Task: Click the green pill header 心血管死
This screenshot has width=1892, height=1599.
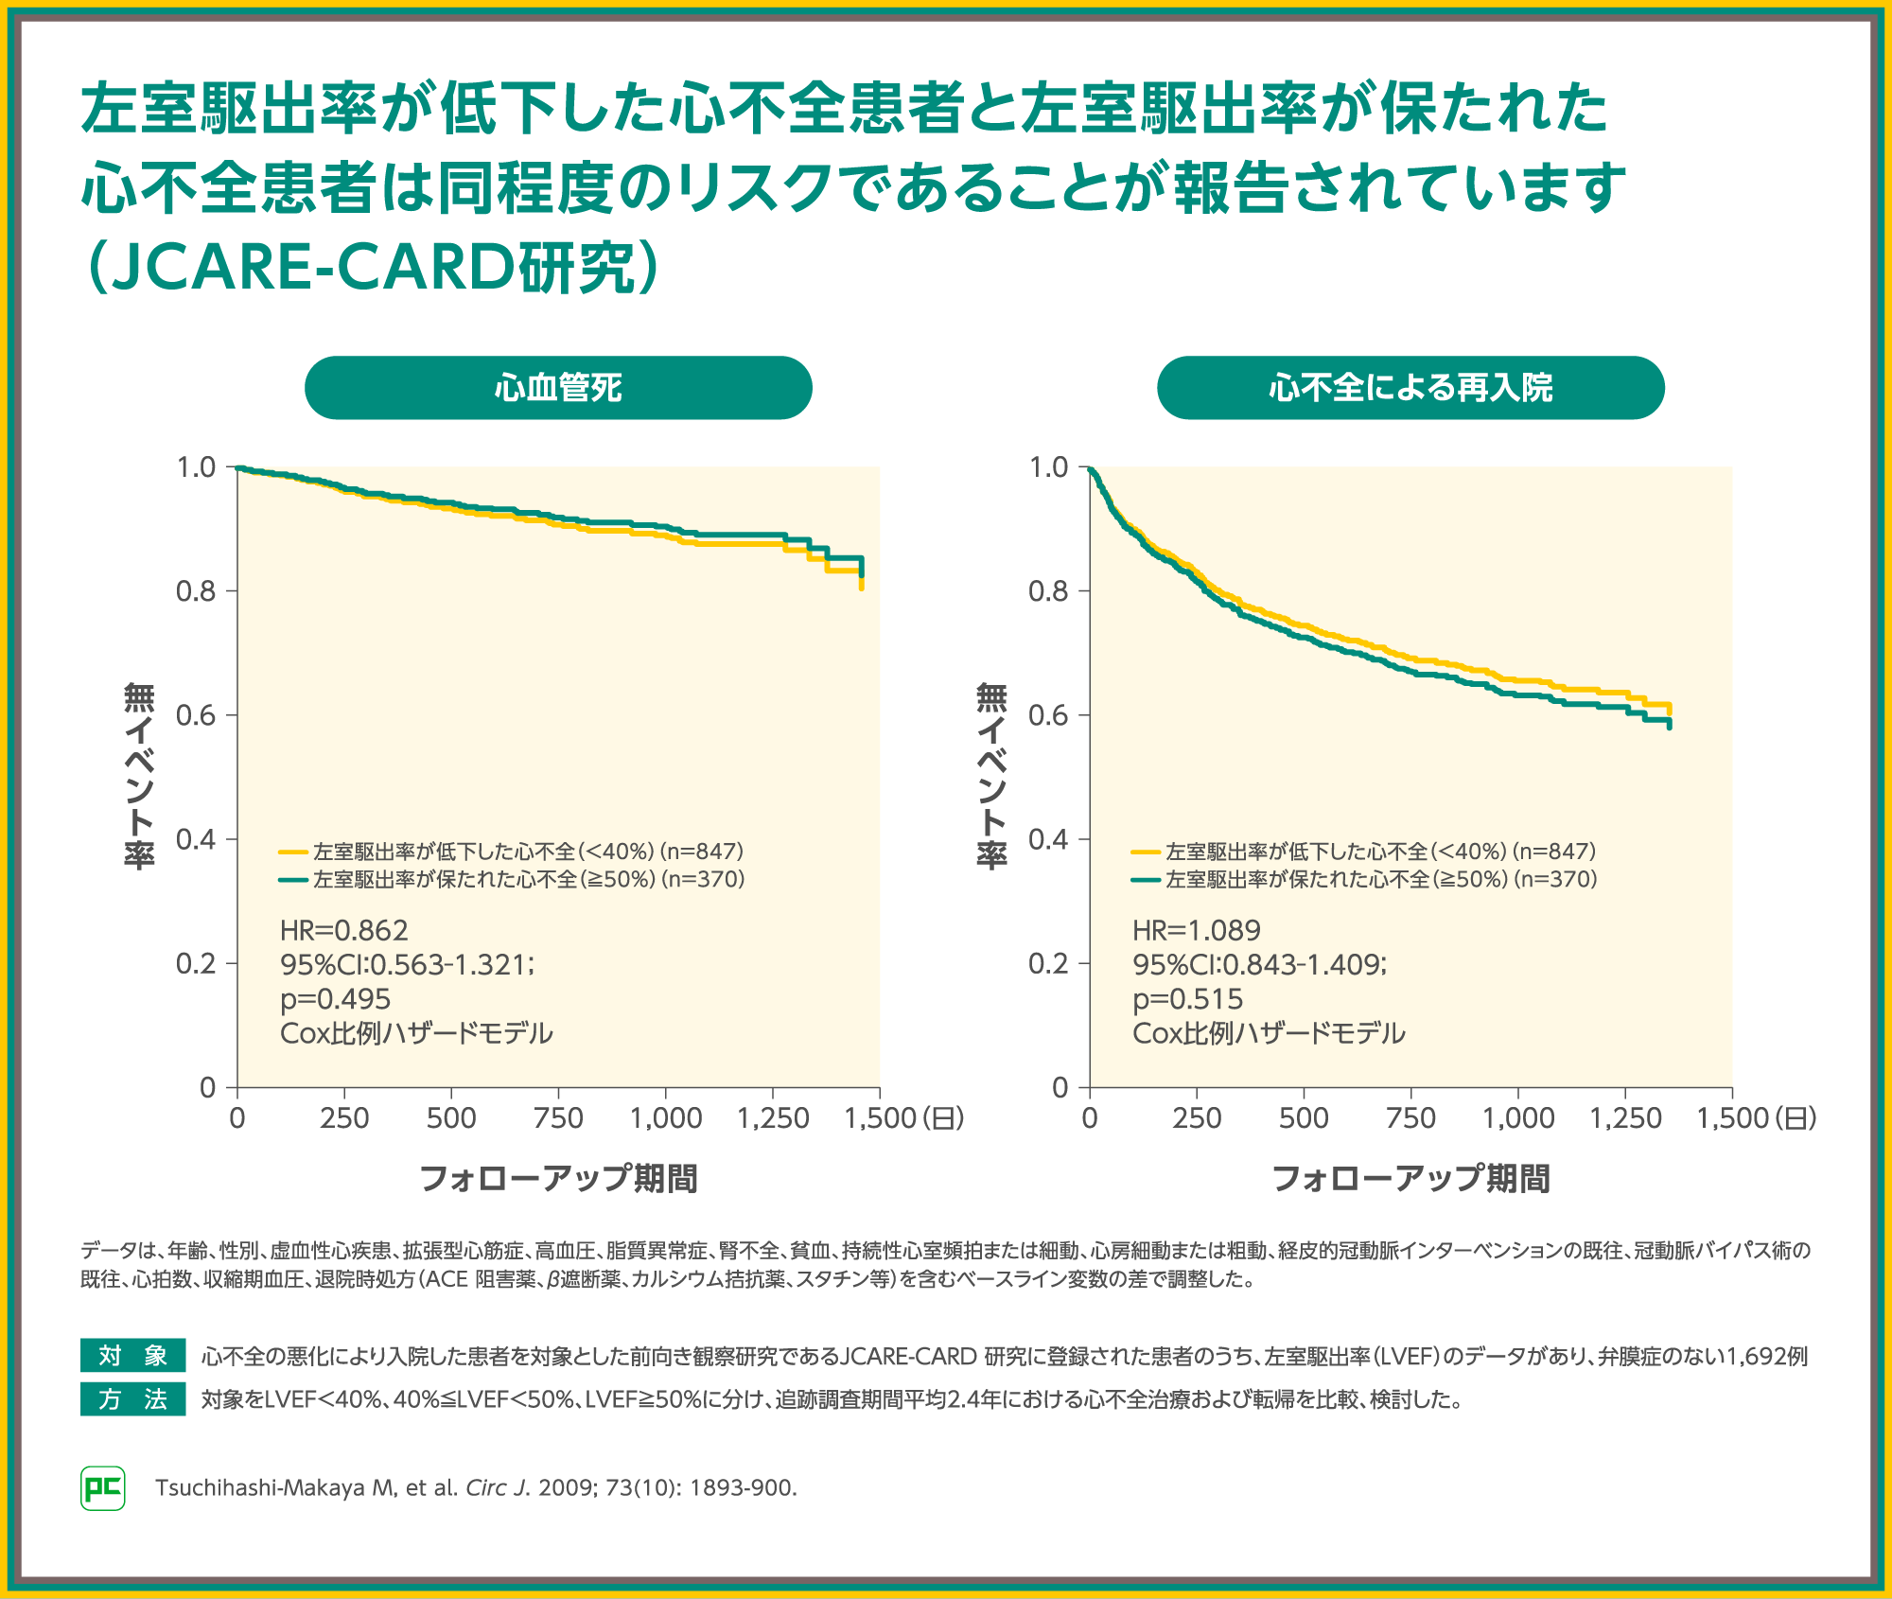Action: click(558, 388)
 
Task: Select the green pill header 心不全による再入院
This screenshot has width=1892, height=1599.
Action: click(1410, 388)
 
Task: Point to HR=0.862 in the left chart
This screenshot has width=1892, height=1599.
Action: click(344, 931)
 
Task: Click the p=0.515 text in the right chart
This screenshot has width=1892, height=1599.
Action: click(1188, 999)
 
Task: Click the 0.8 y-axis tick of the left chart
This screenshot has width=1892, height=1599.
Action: click(196, 591)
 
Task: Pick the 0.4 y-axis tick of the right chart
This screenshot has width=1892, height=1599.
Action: click(1048, 840)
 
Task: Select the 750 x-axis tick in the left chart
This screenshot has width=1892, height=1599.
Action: click(558, 1118)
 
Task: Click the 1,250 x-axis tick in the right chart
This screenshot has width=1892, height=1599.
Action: click(1625, 1118)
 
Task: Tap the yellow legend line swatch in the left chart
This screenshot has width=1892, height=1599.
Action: click(293, 852)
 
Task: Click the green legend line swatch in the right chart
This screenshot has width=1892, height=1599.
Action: click(1146, 880)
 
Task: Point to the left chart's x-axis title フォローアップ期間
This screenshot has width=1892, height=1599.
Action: click(558, 1179)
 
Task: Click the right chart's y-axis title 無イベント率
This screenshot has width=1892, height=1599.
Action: click(991, 776)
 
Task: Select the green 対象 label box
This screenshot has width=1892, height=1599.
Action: click(132, 1356)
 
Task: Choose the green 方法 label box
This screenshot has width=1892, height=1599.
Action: click(132, 1399)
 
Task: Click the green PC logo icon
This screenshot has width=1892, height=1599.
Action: click(103, 1488)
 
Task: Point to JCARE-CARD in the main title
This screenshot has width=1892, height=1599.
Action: click(312, 268)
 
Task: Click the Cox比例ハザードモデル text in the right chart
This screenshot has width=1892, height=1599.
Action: click(1269, 1033)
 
